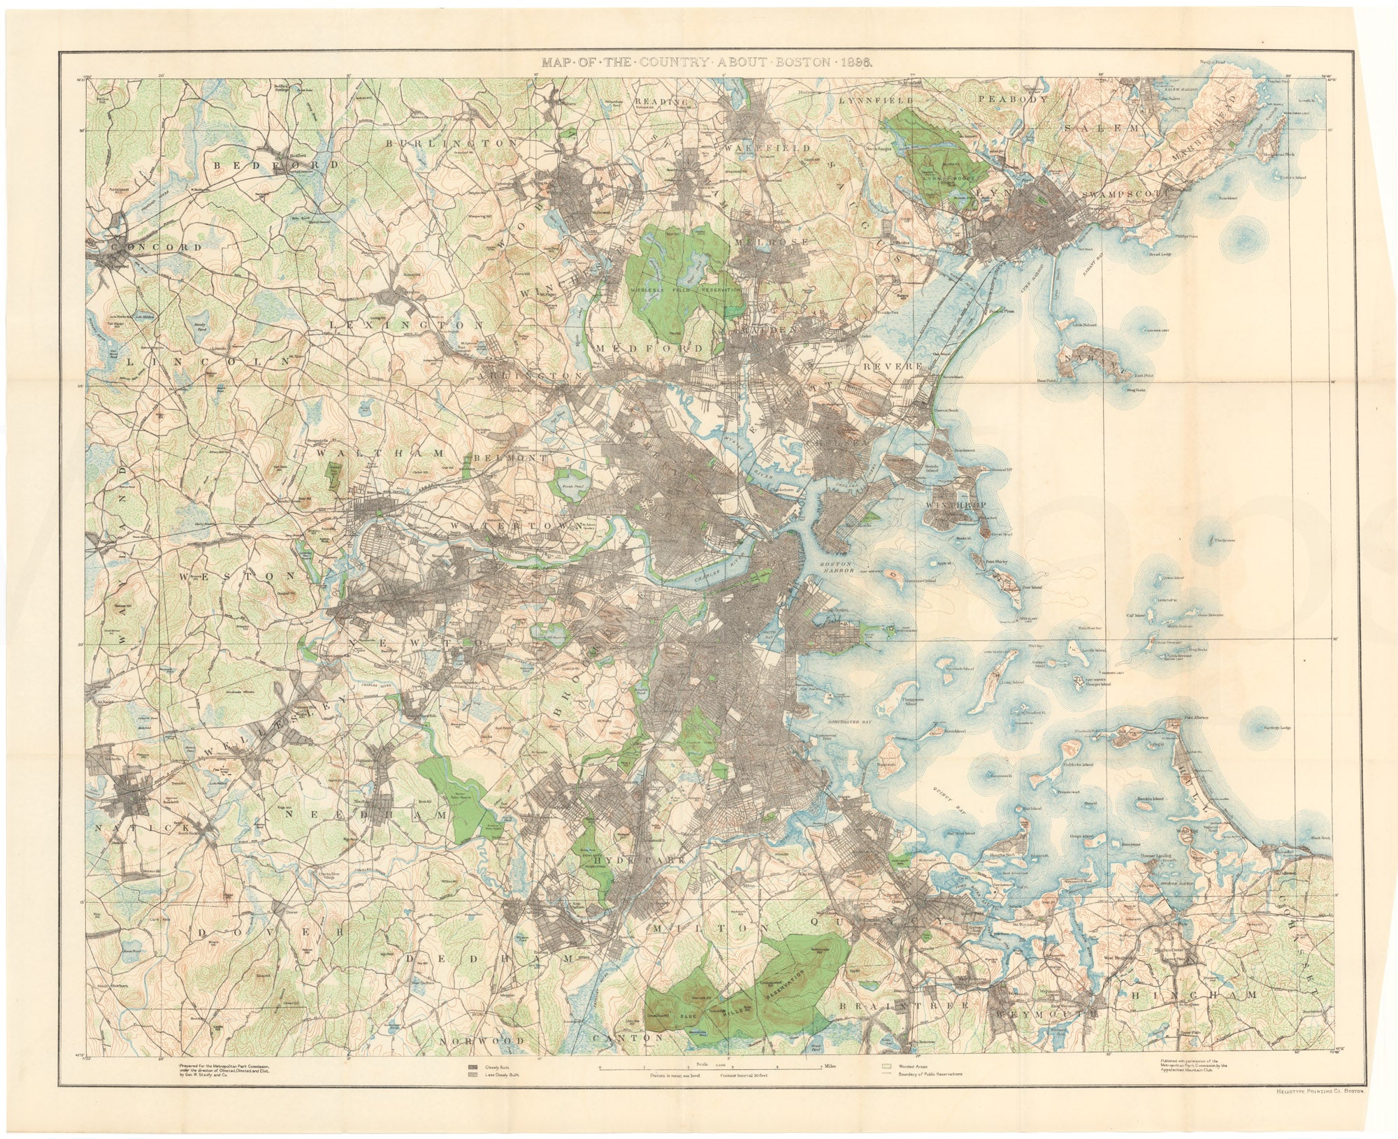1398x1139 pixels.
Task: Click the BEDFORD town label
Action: (275, 165)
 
